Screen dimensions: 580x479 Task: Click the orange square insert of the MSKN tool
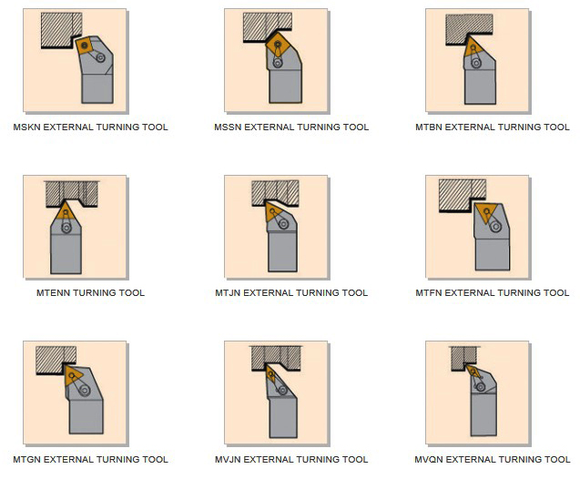[x=85, y=46]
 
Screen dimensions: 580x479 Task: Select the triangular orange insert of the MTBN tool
[x=473, y=47]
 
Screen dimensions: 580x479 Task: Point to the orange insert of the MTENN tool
[x=66, y=212]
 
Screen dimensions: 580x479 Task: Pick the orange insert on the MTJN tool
[x=273, y=212]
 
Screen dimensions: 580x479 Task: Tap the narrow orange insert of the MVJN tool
[x=270, y=374]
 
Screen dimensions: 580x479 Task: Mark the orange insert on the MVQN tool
[x=473, y=372]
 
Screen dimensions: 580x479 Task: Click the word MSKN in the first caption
[x=27, y=127]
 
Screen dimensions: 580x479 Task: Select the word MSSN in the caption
[x=228, y=127]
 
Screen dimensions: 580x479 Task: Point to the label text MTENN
[x=53, y=293]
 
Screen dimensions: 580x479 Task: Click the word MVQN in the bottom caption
[x=429, y=459]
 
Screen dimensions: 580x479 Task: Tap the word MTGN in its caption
[x=27, y=459]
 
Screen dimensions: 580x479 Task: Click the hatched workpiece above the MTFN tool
[x=462, y=195]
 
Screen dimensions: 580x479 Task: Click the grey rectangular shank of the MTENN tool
[x=66, y=253]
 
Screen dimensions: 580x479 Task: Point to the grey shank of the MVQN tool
[x=483, y=414]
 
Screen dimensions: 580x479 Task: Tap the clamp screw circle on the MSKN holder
[x=100, y=57]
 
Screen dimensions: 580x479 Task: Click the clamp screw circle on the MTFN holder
[x=495, y=226]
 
